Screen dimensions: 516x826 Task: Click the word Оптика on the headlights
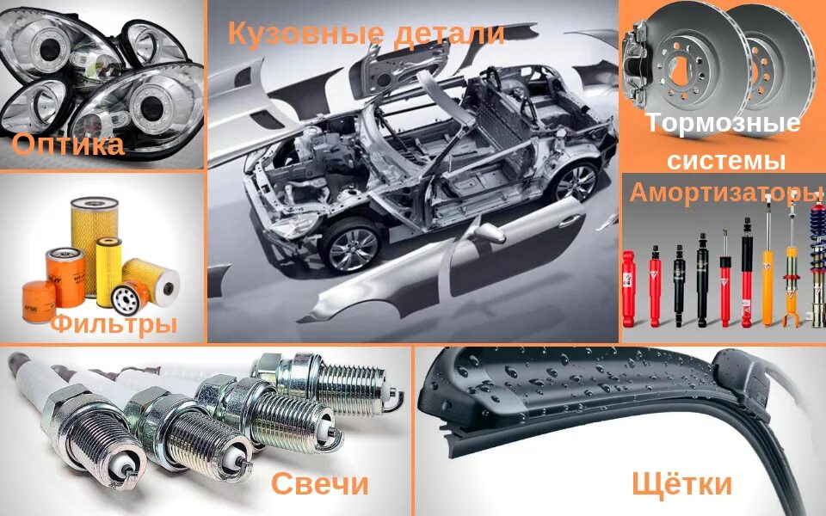68,144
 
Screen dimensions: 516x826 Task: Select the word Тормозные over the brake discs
723,123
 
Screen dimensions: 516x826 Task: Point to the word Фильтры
113,324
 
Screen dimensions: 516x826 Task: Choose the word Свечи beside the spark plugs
319,483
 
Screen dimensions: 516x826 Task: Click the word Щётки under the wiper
681,483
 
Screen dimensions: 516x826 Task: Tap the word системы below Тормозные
727,160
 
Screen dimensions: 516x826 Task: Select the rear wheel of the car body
575,180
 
